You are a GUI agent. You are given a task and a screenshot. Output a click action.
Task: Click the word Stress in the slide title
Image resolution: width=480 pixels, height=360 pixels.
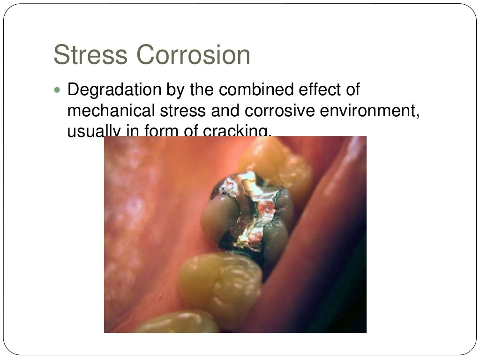coord(90,55)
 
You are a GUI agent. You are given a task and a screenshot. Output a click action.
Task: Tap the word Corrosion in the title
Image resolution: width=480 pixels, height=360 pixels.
coord(193,55)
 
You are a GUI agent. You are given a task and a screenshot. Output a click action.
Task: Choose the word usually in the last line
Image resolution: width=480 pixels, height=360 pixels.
coord(93,131)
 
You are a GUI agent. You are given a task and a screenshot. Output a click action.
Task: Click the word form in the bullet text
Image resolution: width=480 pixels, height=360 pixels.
coord(157,131)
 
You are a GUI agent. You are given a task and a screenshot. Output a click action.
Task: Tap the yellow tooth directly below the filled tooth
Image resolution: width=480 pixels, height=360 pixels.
coord(220,281)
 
